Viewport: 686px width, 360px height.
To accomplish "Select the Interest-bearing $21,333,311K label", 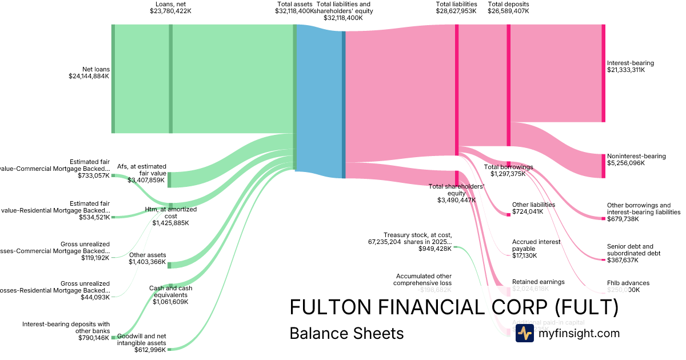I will (630, 66).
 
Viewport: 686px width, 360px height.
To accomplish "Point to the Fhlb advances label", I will (628, 286).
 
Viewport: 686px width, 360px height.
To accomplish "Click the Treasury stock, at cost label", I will (418, 241).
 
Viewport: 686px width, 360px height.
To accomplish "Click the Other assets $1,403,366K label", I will (147, 259).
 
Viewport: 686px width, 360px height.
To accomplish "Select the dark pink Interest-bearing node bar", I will (603, 73).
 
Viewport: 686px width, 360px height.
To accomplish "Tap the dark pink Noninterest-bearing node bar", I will (603, 166).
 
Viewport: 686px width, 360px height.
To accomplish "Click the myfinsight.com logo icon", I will (524, 333).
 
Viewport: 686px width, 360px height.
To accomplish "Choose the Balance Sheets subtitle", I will (346, 333).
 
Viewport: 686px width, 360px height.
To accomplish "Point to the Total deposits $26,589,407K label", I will (508, 7).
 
